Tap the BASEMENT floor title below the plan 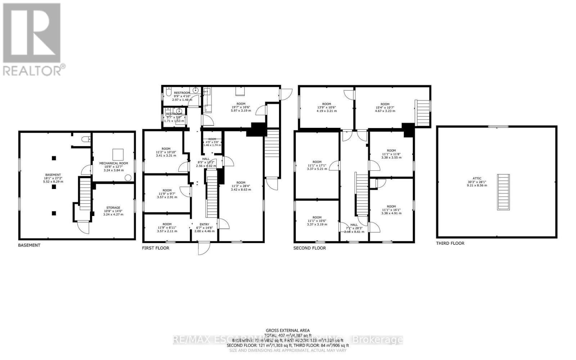click(29, 245)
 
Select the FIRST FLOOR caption click(156, 248)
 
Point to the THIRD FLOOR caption click(450, 243)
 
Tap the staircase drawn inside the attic click(503, 192)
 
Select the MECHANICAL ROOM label click(113, 163)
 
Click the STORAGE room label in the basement click(113, 208)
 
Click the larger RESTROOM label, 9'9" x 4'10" click(182, 93)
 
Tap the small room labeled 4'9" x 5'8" click(212, 139)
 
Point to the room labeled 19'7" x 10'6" click(241, 104)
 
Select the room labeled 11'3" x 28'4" click(241, 183)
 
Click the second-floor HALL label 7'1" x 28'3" click(354, 225)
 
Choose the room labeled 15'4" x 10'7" click(385, 104)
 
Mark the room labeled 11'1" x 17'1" click(317, 162)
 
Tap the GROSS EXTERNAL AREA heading click(288, 330)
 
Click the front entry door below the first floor click(204, 248)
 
